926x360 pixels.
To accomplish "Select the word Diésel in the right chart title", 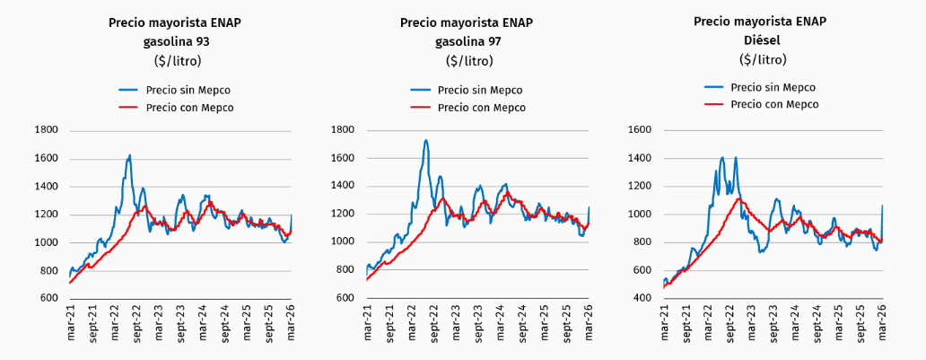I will (762, 40).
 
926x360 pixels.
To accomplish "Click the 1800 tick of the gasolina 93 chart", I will (45, 130).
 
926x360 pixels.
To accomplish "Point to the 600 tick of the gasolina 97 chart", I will (345, 298).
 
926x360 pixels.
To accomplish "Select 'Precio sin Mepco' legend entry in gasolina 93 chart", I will (175, 90).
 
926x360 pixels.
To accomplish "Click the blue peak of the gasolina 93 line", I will (130, 155).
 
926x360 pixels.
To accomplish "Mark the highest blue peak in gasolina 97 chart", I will (426, 140).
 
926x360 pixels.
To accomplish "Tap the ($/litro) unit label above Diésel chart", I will (762, 59).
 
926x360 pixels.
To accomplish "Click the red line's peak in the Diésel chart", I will (738, 198).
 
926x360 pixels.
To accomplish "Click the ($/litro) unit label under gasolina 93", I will (176, 61).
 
